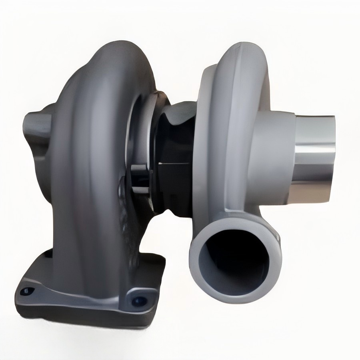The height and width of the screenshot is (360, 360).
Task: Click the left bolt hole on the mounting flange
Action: click(x=27, y=291)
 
